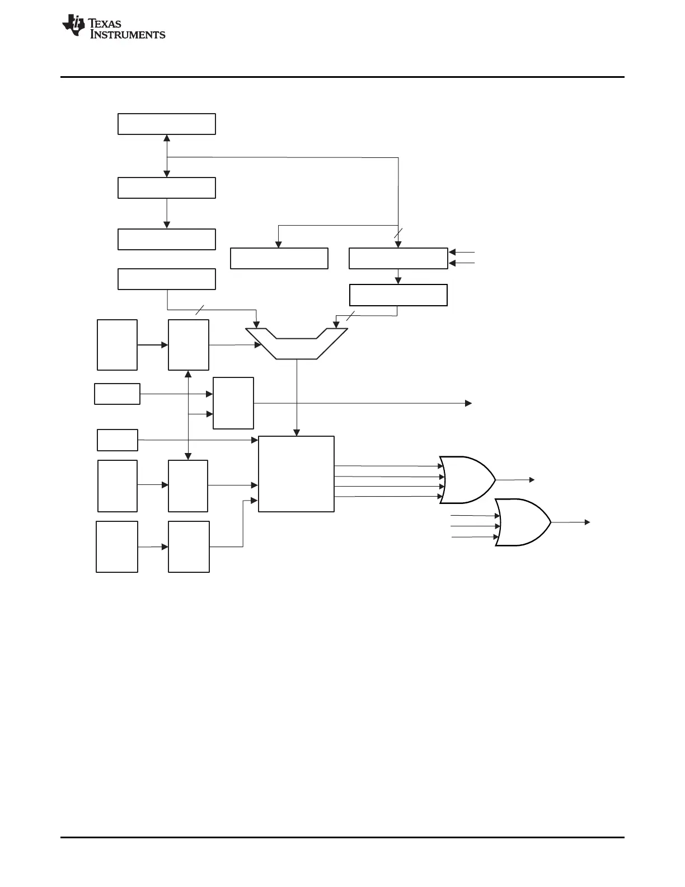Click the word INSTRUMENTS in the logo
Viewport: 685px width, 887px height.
click(x=128, y=35)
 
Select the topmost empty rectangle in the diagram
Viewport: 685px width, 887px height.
click(x=166, y=124)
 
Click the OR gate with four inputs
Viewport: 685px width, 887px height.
click(x=467, y=480)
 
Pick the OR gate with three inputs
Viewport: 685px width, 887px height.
click(x=522, y=522)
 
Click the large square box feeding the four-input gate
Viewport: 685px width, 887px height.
click(x=296, y=474)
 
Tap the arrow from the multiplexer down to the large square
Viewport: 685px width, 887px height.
click(x=297, y=398)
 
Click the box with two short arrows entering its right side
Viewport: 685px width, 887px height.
click(x=398, y=258)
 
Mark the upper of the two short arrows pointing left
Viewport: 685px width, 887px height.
click(x=462, y=253)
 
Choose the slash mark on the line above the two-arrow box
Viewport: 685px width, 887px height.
click(x=398, y=234)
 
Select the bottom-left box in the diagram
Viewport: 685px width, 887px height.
click(x=117, y=547)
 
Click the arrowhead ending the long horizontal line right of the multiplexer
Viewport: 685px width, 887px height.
click(x=468, y=403)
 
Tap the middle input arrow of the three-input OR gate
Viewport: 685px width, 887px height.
click(x=476, y=526)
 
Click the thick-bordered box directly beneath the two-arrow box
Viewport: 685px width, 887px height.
click(x=398, y=295)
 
